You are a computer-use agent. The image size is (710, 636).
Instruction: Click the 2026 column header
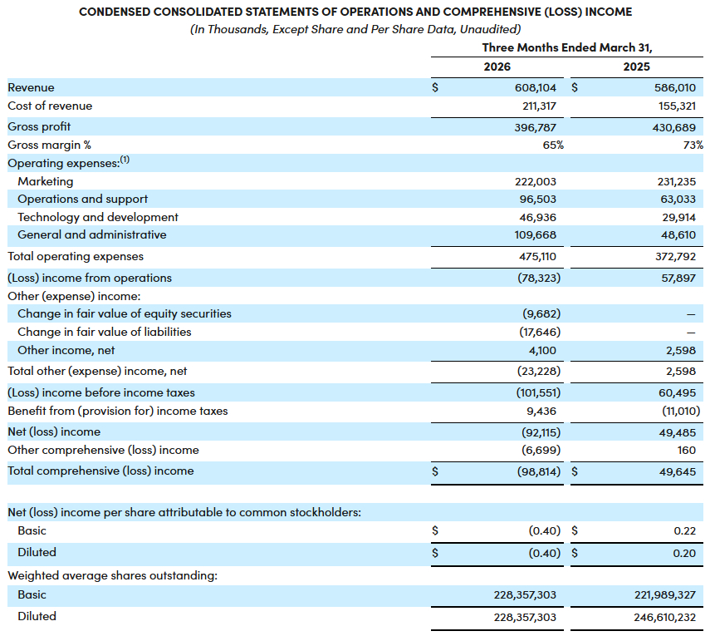pyautogui.click(x=497, y=67)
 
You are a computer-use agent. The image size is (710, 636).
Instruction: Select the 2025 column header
pyautogui.click(x=636, y=67)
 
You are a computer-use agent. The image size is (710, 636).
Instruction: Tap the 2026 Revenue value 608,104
pyautogui.click(x=536, y=87)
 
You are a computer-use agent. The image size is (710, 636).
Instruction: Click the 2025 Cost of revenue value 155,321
pyautogui.click(x=677, y=106)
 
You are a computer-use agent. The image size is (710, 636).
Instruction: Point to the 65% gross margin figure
pyautogui.click(x=553, y=145)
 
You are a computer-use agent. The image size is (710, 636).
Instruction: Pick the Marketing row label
pyautogui.click(x=46, y=181)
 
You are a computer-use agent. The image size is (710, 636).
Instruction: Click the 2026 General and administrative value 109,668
pyautogui.click(x=536, y=234)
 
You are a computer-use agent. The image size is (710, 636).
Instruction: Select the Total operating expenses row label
pyautogui.click(x=76, y=257)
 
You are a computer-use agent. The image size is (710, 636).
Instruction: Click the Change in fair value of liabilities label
pyautogui.click(x=104, y=332)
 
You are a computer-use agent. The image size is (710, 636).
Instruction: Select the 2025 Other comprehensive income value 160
pyautogui.click(x=687, y=450)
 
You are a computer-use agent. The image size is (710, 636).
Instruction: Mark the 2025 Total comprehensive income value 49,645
pyautogui.click(x=678, y=472)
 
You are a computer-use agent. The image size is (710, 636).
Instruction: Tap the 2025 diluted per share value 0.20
pyautogui.click(x=684, y=553)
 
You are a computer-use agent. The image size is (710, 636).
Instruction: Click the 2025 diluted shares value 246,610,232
pyautogui.click(x=664, y=617)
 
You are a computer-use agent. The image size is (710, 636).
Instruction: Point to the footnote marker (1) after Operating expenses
pyautogui.click(x=125, y=159)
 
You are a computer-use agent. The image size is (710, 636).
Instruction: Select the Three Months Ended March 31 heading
pyautogui.click(x=567, y=47)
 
